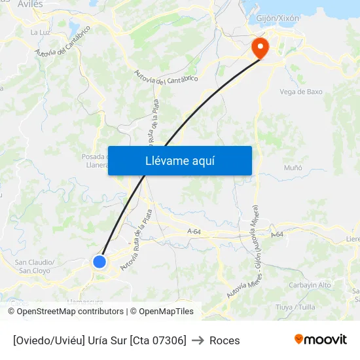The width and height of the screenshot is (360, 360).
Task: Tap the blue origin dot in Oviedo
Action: [99, 262]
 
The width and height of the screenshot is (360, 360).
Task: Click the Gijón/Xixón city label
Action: [278, 18]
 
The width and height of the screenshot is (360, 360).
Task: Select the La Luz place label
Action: [40, 31]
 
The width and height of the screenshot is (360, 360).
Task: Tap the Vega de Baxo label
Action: [300, 92]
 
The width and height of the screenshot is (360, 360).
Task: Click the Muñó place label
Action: [293, 168]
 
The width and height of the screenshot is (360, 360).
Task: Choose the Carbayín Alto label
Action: [310, 285]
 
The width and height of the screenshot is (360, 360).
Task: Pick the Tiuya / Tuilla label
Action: [295, 307]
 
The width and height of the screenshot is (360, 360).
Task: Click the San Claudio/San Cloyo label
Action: [34, 266]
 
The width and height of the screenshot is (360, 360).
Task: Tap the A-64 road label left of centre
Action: [194, 232]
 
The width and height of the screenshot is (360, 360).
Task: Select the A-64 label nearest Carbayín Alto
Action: [277, 234]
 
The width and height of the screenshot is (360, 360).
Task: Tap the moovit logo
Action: [321, 339]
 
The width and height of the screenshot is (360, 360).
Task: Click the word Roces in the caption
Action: [225, 340]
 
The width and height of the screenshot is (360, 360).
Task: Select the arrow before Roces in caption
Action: [198, 340]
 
